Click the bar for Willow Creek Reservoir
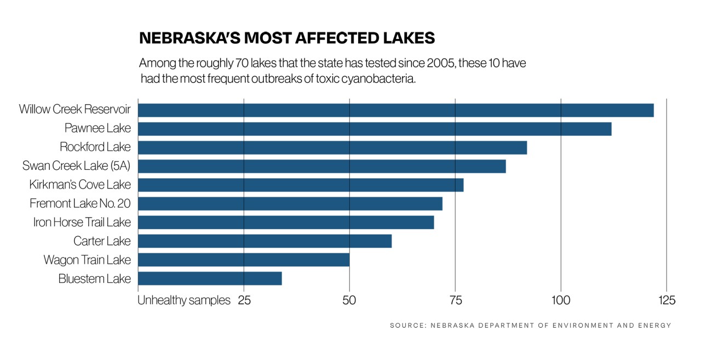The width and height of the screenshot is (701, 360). click(395, 110)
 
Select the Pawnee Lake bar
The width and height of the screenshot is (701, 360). click(375, 129)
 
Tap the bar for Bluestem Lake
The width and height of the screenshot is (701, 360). click(210, 278)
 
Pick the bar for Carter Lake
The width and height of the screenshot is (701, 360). click(265, 241)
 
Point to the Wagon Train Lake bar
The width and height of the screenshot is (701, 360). click(244, 260)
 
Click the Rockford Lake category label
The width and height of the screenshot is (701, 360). click(95, 147)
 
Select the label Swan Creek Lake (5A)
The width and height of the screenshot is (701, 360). click(77, 165)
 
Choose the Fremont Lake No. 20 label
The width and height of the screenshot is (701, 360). click(80, 204)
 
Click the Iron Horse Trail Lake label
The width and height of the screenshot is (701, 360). click(82, 222)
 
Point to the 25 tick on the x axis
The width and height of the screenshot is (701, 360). click(244, 300)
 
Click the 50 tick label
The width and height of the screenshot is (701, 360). click(349, 300)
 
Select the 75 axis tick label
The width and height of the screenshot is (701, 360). click(455, 300)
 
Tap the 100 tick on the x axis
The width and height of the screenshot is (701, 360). click(561, 300)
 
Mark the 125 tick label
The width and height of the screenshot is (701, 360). click(666, 300)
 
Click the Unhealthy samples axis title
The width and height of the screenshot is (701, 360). click(184, 300)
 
